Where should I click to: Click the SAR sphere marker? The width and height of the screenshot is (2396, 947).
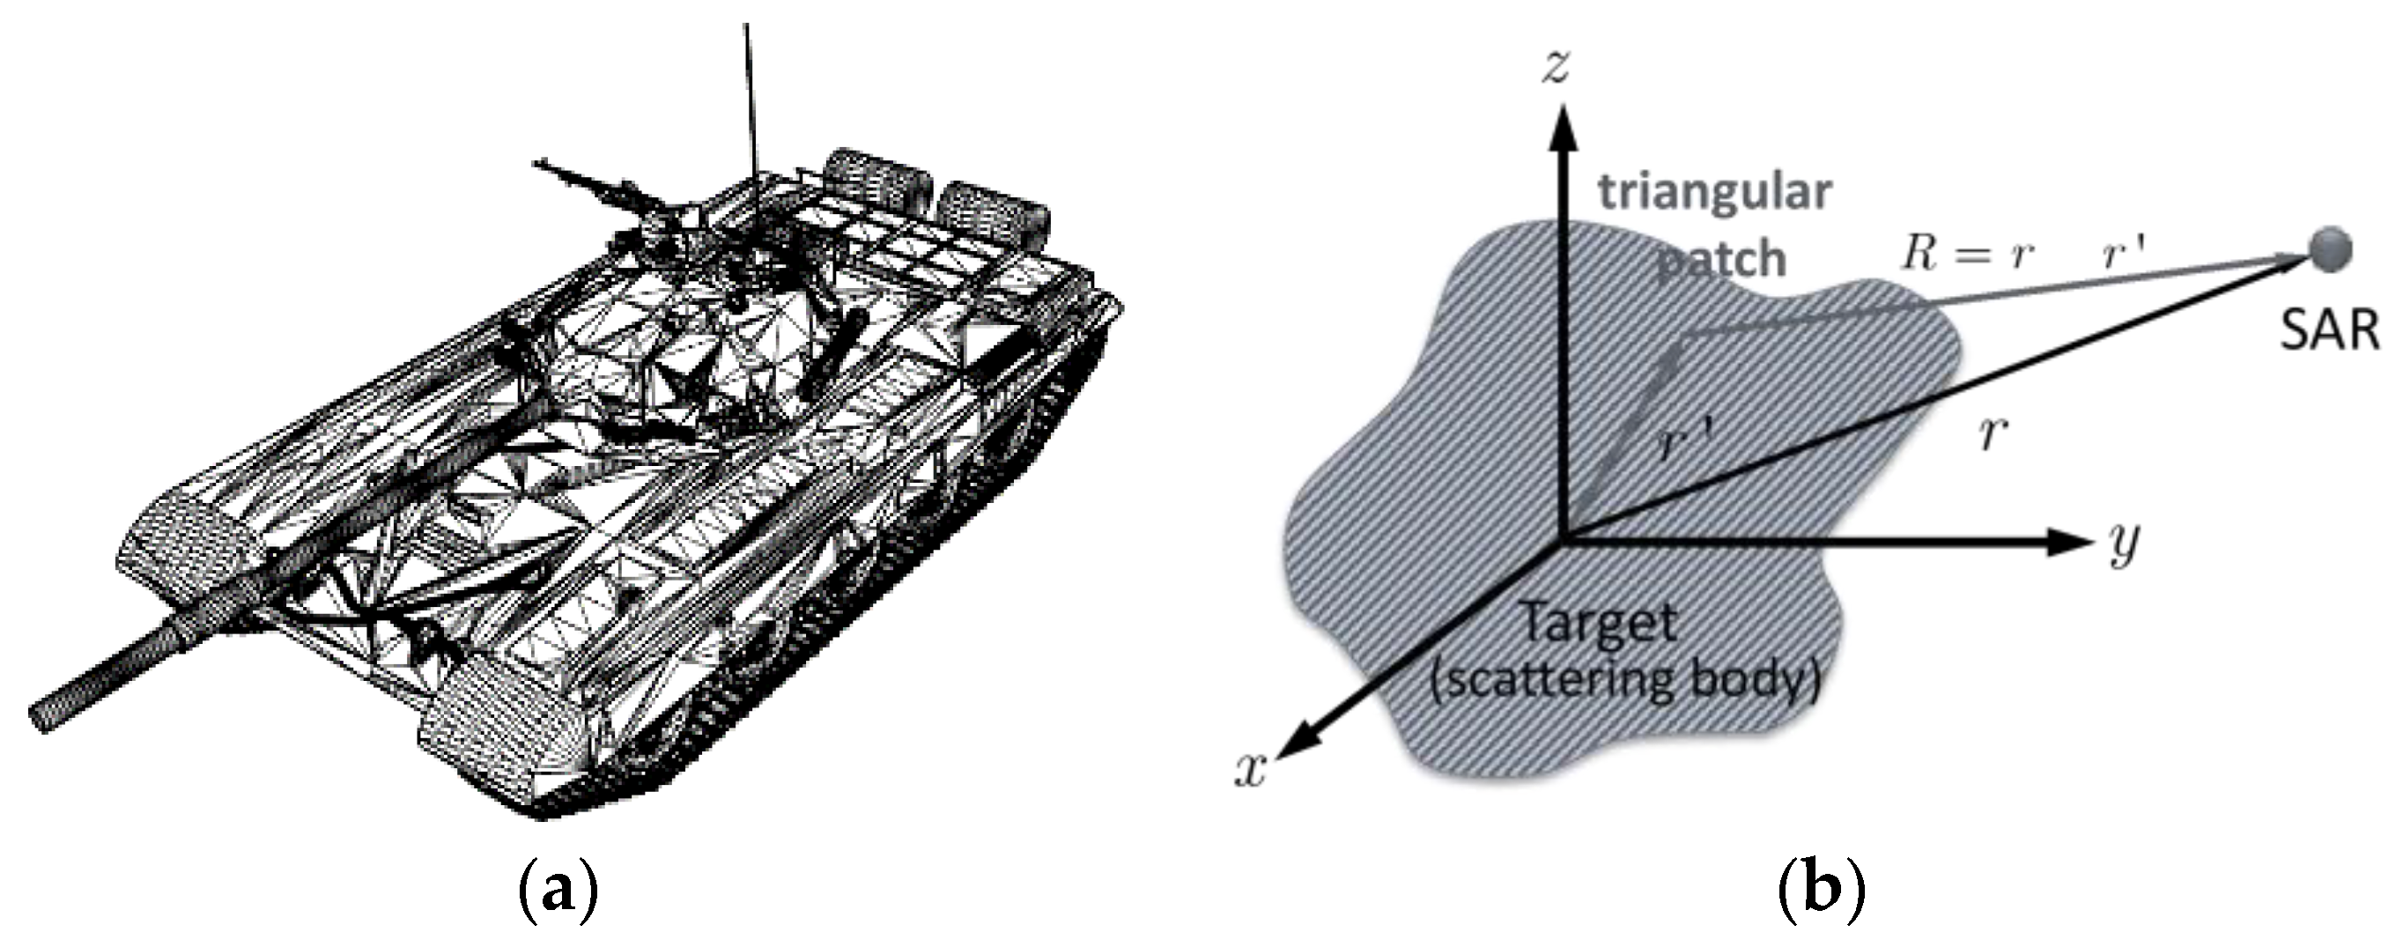coord(2329,249)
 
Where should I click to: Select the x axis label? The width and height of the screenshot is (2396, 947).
coord(1251,769)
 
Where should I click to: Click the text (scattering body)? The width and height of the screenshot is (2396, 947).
coord(1624,681)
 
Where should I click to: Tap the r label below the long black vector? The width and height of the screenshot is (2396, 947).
coord(1992,433)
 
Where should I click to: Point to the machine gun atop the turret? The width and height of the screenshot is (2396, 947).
coord(595,187)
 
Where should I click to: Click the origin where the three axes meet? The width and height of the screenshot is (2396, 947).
coord(1565,538)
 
